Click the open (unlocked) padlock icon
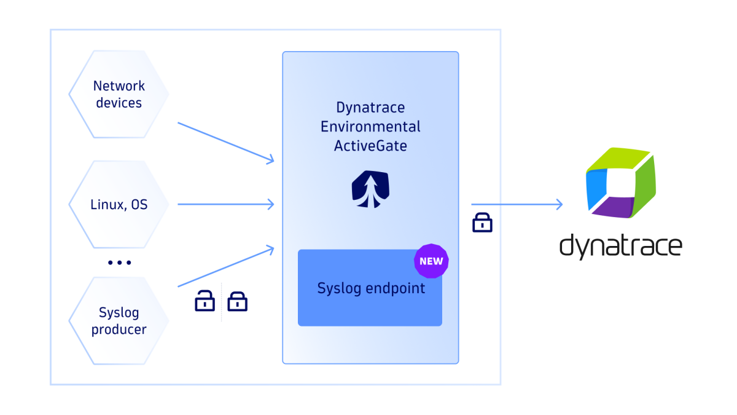point(205,301)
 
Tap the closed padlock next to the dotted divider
point(237,301)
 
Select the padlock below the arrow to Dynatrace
point(482,223)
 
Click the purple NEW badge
point(431,261)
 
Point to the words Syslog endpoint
point(371,288)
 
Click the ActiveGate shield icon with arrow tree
point(370,189)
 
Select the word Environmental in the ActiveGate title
point(370,127)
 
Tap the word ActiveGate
point(370,146)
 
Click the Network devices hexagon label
point(119,95)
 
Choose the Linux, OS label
point(119,204)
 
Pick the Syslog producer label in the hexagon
point(119,321)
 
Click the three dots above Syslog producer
point(119,263)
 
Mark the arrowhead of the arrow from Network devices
point(270,160)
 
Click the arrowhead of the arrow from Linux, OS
point(270,204)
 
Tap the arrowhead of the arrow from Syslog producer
point(270,248)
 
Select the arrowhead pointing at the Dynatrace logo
point(559,204)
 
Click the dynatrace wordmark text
point(620,245)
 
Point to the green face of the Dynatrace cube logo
point(642,184)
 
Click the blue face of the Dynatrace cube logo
point(596,184)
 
